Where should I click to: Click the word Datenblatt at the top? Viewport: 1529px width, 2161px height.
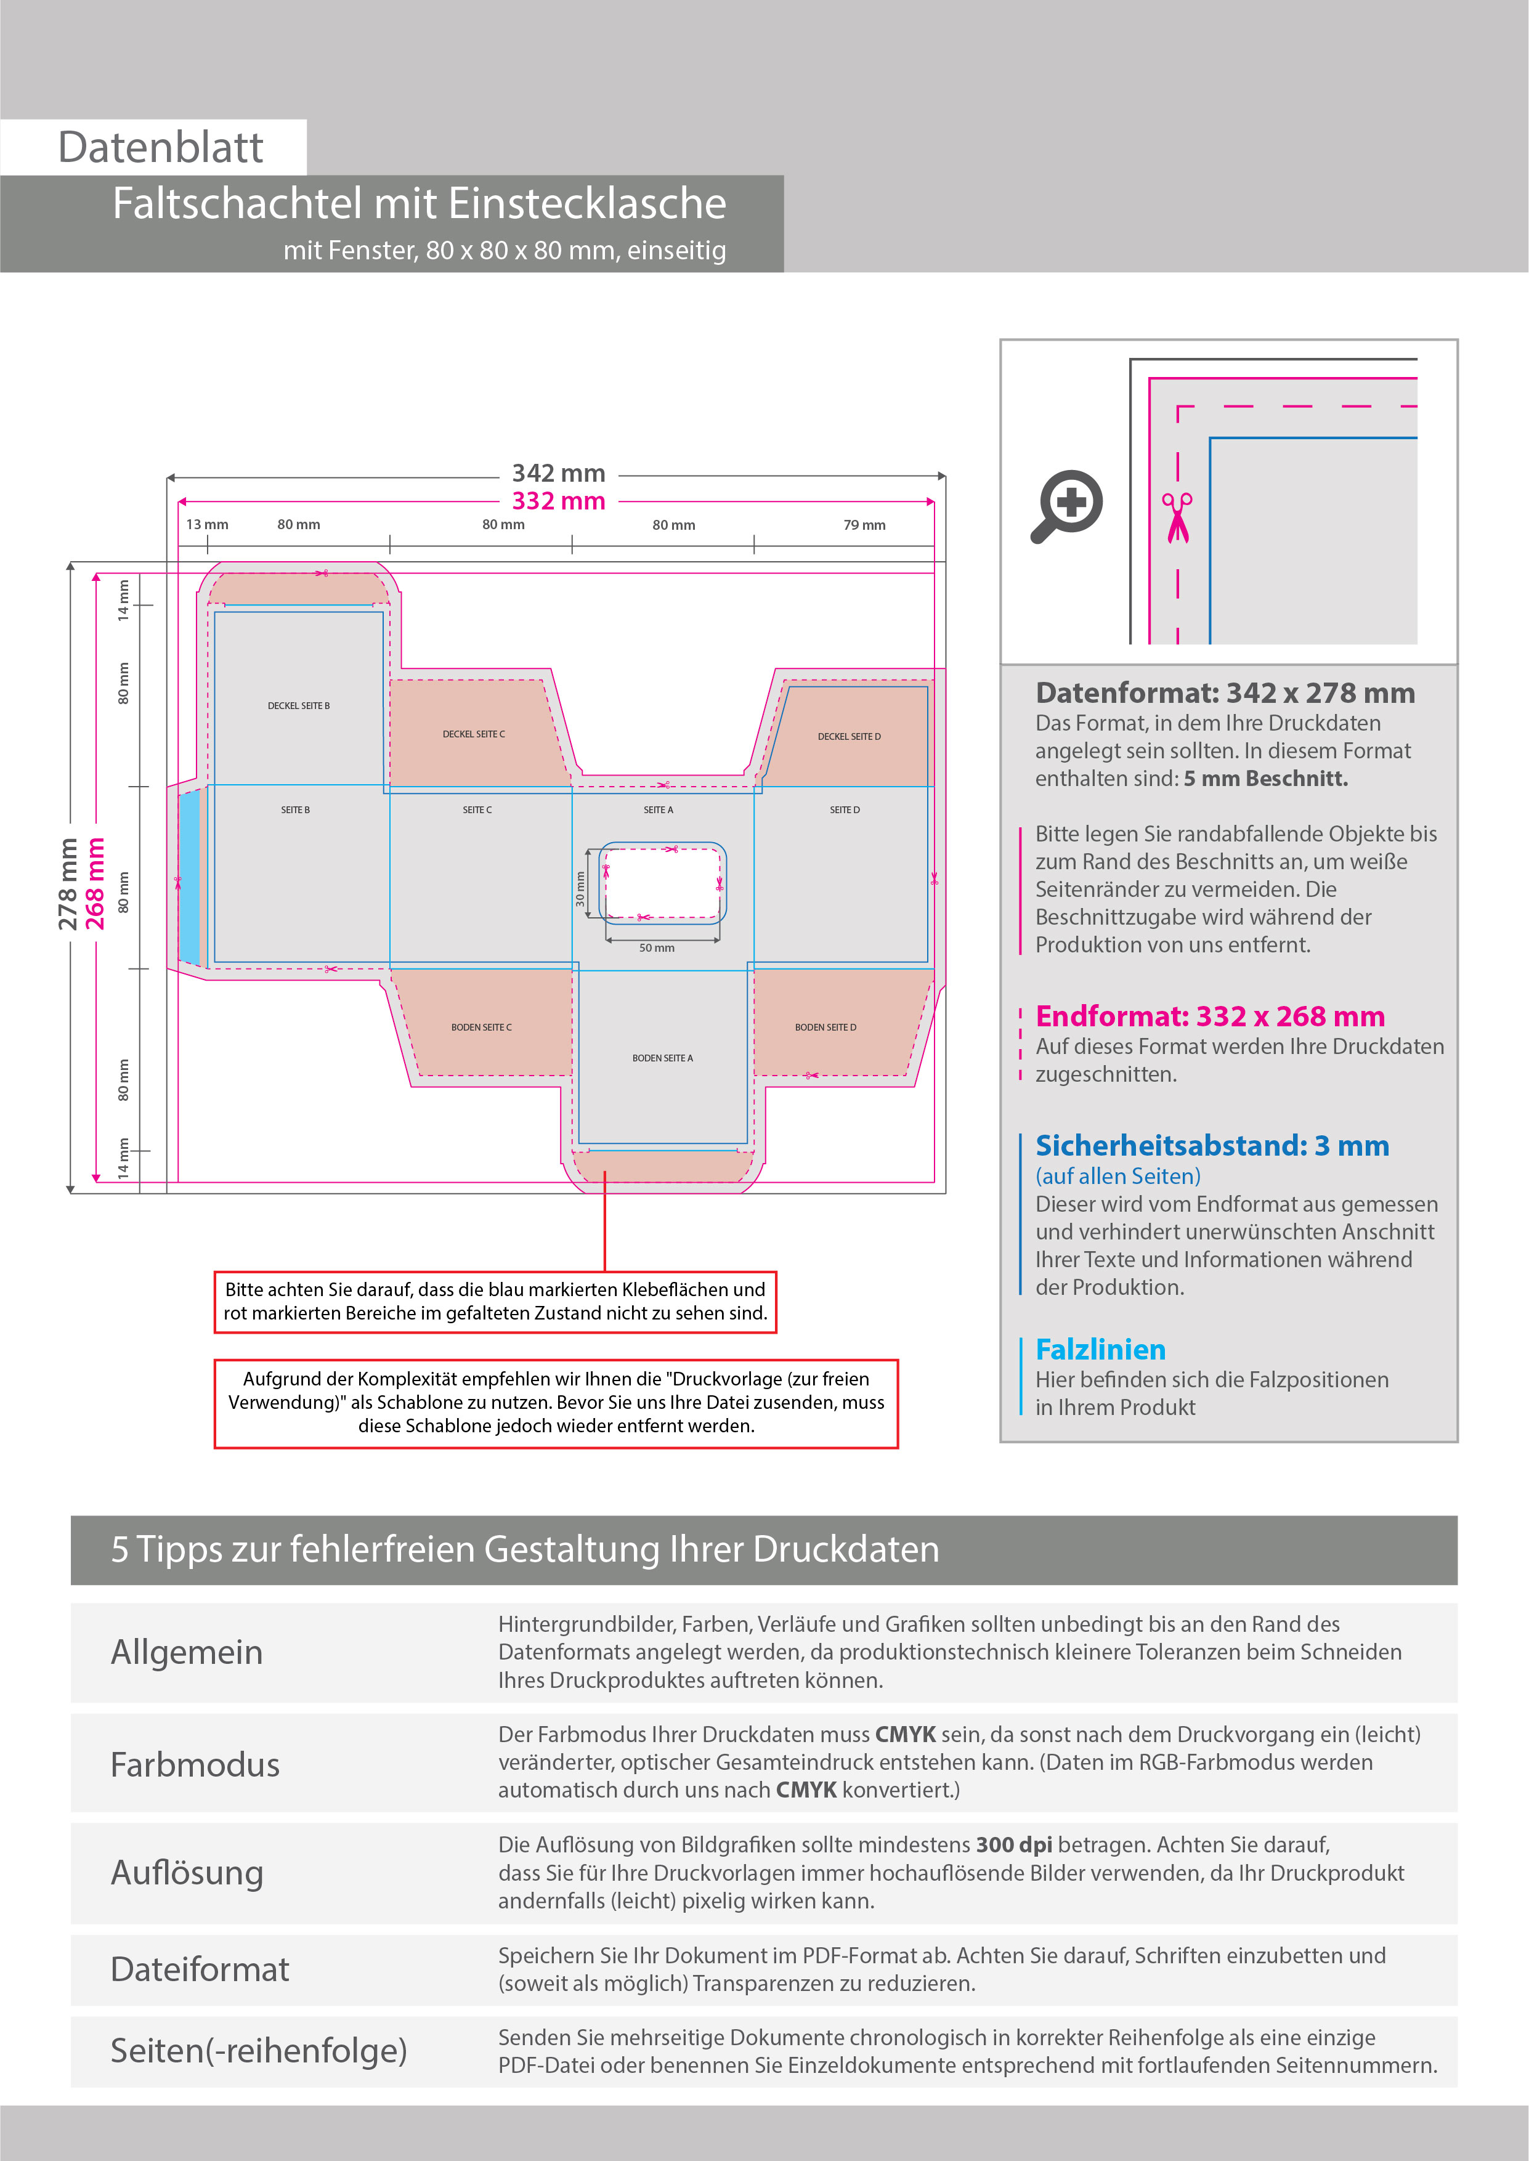[160, 148]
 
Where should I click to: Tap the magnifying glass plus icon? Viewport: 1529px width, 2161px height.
[1068, 505]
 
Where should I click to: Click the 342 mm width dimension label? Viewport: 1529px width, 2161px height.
[558, 474]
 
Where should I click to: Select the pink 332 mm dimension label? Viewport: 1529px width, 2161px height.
[558, 501]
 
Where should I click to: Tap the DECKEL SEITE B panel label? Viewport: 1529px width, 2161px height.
[298, 706]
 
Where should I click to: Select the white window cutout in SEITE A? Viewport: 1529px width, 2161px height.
[663, 882]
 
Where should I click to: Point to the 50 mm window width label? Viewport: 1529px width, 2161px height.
[656, 949]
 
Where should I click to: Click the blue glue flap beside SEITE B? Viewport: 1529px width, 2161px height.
[189, 877]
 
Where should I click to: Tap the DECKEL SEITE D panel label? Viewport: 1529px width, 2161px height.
[850, 737]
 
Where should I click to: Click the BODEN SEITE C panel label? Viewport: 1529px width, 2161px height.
[481, 1028]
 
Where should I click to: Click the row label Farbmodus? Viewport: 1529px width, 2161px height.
[195, 1765]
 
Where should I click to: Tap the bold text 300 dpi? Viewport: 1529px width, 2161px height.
[1013, 1846]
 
